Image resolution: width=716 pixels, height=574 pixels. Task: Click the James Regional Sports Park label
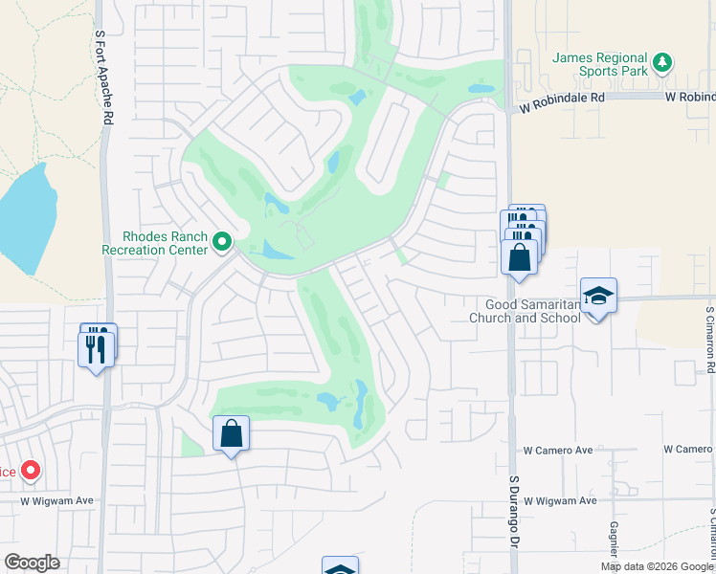click(x=600, y=65)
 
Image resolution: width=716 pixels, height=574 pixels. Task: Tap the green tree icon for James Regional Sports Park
click(x=661, y=64)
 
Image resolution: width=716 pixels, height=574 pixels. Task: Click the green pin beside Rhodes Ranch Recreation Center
click(x=222, y=242)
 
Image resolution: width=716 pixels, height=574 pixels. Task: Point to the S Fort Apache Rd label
click(x=100, y=77)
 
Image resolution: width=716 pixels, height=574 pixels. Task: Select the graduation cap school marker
click(x=598, y=297)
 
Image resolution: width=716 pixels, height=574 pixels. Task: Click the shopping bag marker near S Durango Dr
click(x=519, y=258)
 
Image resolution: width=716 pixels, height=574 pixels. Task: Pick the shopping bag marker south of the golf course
click(x=231, y=434)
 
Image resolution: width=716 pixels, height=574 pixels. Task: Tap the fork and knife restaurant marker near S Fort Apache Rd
click(x=96, y=348)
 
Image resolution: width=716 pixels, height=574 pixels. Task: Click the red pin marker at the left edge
click(x=31, y=470)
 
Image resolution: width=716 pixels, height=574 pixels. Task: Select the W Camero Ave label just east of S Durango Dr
click(x=558, y=450)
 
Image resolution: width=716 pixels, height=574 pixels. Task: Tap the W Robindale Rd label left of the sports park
click(x=562, y=97)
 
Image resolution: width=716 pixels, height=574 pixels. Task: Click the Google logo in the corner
click(x=33, y=563)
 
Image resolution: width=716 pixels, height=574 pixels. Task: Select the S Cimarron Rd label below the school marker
click(x=709, y=339)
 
